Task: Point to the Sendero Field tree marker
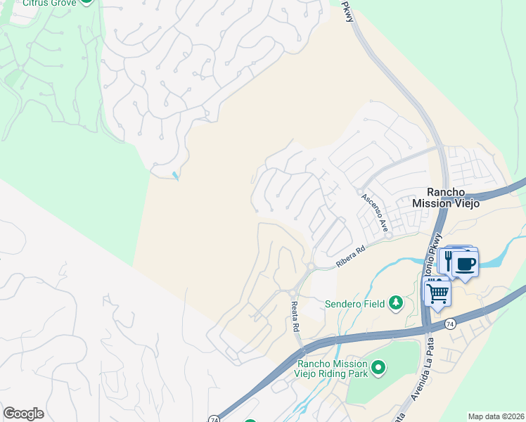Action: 396,303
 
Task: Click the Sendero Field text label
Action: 354,304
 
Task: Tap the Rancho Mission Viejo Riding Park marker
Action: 378,367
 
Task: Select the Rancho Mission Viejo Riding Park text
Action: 333,369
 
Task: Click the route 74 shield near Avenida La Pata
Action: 450,324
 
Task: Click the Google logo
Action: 23,414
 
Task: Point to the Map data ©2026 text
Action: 496,416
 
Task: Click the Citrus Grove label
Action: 49,3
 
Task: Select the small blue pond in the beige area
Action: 175,175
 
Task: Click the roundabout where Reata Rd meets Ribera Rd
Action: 309,267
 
